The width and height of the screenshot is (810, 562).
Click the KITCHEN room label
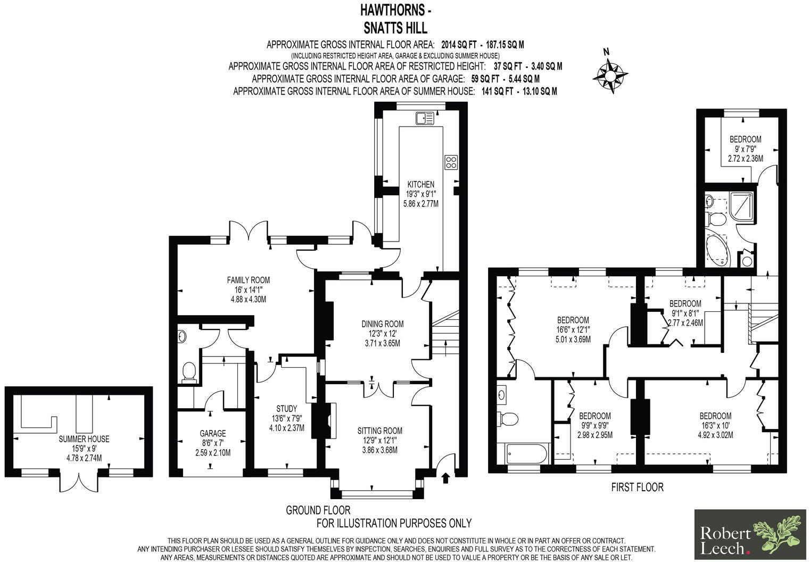[421, 184]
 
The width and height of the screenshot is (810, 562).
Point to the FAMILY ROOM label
[248, 280]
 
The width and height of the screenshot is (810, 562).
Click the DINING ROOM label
[382, 324]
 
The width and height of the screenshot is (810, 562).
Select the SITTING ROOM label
[379, 431]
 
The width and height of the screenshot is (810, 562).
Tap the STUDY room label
[286, 409]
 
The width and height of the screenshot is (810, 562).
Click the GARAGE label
[213, 433]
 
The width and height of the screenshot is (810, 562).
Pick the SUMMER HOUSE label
[84, 439]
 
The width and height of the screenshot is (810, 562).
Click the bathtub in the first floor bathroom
[525, 455]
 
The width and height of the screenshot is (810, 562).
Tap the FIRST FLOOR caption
[637, 487]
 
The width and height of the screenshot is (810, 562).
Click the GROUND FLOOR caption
[318, 510]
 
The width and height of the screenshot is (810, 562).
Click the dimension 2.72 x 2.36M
[745, 158]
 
